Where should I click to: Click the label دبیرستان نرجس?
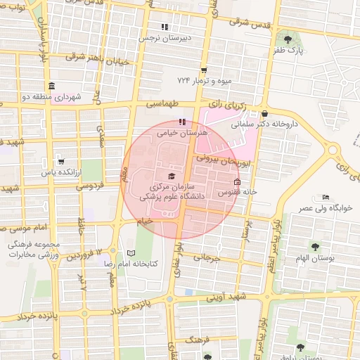(165, 39)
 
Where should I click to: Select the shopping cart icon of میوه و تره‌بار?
(204, 70)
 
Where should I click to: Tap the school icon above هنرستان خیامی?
(164, 122)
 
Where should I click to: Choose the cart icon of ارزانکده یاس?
(61, 161)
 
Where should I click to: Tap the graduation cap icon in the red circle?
(172, 176)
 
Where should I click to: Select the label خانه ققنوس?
(238, 191)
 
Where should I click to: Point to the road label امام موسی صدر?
(26, 229)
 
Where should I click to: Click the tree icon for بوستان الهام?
(314, 247)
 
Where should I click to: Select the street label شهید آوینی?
(224, 297)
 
